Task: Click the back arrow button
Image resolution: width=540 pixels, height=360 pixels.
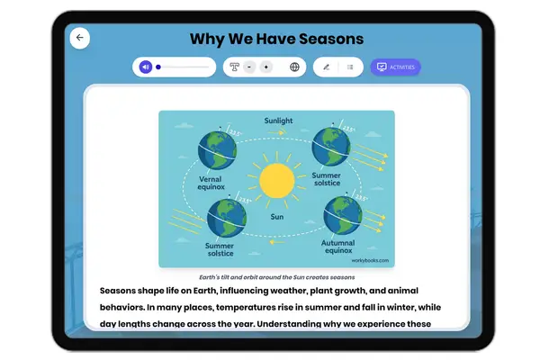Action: pos(79,38)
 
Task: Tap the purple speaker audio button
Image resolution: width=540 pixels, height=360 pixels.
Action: pos(145,67)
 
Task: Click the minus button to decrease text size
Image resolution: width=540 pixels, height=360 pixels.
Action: pos(249,67)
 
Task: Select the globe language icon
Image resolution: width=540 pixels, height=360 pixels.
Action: pos(294,67)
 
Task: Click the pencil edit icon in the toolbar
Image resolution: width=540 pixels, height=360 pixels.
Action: pos(326,67)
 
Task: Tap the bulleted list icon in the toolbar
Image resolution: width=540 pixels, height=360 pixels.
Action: pos(349,67)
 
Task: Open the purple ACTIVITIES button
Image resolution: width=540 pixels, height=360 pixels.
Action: pos(395,67)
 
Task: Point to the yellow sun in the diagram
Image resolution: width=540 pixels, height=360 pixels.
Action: pos(276,181)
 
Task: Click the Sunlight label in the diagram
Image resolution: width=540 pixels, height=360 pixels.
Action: pos(277,120)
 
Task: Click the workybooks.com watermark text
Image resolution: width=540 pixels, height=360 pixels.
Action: pos(370,260)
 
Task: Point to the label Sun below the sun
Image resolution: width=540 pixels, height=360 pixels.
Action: pos(277,217)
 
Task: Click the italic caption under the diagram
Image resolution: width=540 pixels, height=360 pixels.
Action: pos(276,277)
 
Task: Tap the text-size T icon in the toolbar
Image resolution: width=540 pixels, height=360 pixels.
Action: pos(235,67)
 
